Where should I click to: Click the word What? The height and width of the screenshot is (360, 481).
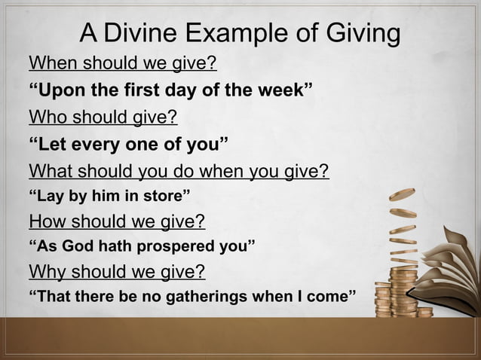point(51,172)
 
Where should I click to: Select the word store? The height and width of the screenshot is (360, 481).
point(161,198)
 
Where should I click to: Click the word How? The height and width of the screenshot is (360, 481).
point(47,222)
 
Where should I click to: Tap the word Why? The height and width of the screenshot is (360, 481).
point(47,270)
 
